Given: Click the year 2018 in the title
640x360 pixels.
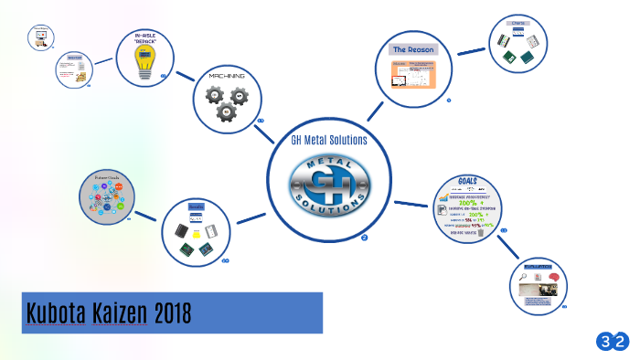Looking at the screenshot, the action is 169,313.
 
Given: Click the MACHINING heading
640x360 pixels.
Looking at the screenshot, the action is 226,75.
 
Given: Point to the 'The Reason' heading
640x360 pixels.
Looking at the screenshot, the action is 413,49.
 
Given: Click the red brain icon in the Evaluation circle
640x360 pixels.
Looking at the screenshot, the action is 553,277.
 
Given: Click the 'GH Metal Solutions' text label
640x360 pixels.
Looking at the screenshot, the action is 329,140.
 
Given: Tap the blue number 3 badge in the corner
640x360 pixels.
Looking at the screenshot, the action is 605,342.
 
